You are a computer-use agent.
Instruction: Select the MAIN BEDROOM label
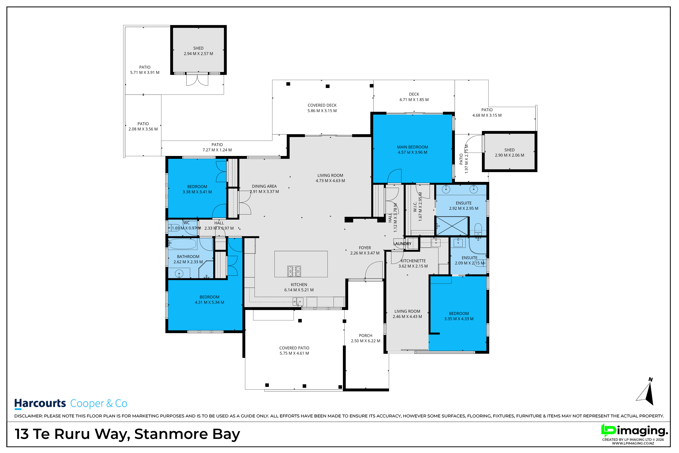click(x=412, y=147)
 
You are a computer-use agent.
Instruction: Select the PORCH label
click(x=365, y=336)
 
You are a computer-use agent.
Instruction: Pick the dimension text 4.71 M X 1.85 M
click(x=414, y=100)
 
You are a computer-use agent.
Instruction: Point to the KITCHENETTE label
click(x=413, y=261)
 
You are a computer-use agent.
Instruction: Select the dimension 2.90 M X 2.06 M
click(x=510, y=155)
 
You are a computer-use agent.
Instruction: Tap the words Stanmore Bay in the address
click(x=187, y=434)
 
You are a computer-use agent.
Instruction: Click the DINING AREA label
click(x=264, y=186)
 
